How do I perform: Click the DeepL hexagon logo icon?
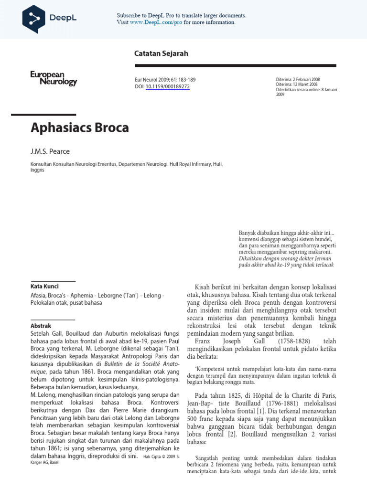(x=34, y=19)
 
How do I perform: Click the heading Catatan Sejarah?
(x=161, y=53)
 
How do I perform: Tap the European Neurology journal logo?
(x=54, y=78)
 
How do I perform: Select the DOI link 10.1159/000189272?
(x=167, y=86)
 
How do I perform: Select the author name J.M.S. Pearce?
(x=50, y=151)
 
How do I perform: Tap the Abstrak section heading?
(x=41, y=326)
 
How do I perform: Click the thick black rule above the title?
(x=43, y=115)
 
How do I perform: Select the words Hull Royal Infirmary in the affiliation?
(x=188, y=164)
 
